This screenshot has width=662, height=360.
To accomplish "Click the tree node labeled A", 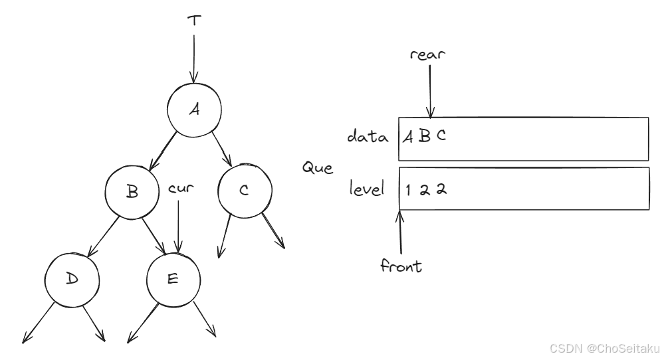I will tap(193, 110).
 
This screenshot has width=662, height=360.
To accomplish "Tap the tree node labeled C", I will tap(244, 191).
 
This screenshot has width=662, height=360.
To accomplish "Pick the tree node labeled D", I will tap(72, 278).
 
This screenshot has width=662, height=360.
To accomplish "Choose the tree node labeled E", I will tap(172, 278).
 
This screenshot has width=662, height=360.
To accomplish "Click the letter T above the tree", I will tap(193, 21).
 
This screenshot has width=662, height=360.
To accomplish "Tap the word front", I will tap(401, 266).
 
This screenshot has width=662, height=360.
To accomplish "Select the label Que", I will tap(318, 167).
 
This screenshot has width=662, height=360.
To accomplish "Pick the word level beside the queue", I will tap(368, 189).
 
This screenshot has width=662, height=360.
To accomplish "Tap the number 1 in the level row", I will tap(409, 189).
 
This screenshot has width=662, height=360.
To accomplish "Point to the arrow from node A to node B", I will tap(163, 150).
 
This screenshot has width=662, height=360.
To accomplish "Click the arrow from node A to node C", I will tap(221, 147).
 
